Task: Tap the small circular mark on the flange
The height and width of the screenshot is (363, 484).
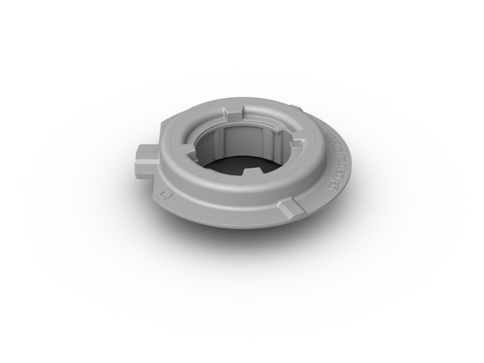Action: tap(163, 193)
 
